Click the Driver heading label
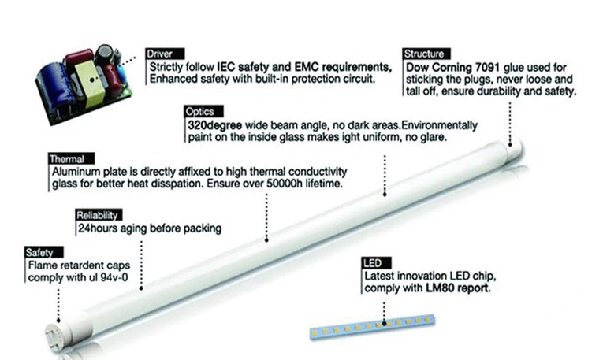tap(165, 54)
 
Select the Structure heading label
tap(426, 54)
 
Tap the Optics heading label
tap(203, 111)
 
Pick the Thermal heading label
tap(72, 158)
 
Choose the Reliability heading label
tap(99, 215)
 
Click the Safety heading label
tap(44, 252)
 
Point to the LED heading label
tap(377, 263)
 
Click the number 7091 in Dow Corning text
tap(487, 68)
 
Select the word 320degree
tap(214, 125)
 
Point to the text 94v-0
tap(114, 277)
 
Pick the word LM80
tap(440, 288)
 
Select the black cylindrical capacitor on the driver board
tap(104, 54)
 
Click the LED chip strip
tap(372, 326)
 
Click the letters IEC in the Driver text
tap(226, 67)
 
